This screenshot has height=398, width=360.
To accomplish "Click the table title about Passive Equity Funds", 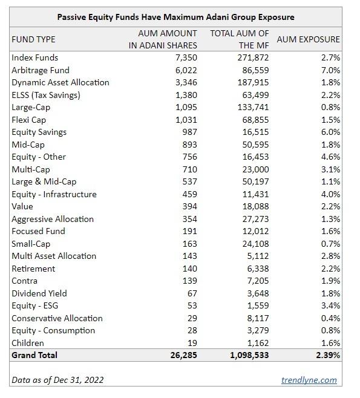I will pos(175,17).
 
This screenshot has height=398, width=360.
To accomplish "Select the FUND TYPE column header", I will pos(33,39).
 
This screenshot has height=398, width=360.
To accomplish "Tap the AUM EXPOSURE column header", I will pos(308,39).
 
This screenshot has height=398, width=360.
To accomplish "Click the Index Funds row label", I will pos(35,57).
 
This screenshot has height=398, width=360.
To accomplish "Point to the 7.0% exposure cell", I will pos(330,70).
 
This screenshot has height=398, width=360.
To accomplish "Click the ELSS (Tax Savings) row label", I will pos(46,95).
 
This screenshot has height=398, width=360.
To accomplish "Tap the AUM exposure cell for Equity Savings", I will pos(330,132).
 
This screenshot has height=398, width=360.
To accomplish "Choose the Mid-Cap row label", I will pos(28,145).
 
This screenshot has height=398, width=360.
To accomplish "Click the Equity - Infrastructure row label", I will pos(54,194).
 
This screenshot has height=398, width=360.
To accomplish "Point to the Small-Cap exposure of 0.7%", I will pos(330,244).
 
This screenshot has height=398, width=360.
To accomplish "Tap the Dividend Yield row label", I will pos(39,293).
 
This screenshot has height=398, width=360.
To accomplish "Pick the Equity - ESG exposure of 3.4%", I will pos(330,305).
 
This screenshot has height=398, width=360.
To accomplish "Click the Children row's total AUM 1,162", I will pos(257,343).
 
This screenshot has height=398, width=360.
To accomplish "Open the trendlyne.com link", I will pos(309,380).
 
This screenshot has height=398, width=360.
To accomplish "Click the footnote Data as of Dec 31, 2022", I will pos(57,380).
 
